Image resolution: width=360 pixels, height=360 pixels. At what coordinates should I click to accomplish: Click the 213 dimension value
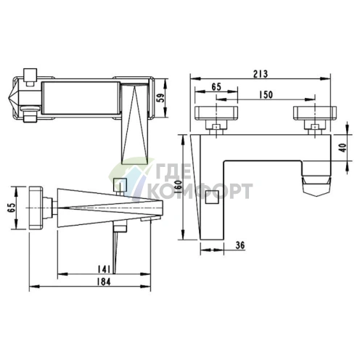(x=261, y=74)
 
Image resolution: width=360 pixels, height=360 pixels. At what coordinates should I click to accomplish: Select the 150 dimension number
(x=266, y=95)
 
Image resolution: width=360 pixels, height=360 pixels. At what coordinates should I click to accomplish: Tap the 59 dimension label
(x=160, y=98)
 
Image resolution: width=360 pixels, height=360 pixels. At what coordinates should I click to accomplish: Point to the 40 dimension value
(x=343, y=147)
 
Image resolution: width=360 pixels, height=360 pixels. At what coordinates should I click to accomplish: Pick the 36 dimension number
(x=240, y=245)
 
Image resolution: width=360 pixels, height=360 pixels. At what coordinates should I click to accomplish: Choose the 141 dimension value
(x=104, y=269)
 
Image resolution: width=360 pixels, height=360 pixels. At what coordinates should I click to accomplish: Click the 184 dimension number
(x=104, y=282)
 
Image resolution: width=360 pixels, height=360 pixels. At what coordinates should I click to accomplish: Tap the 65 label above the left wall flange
(x=216, y=86)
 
